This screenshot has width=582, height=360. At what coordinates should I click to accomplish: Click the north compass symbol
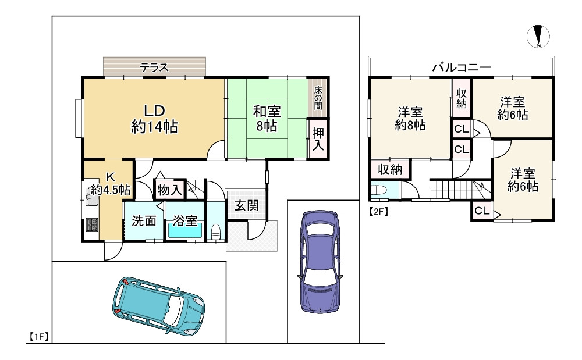pos(540,37)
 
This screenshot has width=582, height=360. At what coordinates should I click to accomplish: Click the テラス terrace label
pos(154,67)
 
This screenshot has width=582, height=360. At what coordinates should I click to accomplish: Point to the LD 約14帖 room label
pos(155,119)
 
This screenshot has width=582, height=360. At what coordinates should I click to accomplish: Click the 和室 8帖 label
pos(267,118)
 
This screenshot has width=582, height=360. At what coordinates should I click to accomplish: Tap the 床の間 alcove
pos(318,98)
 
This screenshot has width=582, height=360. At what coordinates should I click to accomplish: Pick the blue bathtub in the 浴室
pos(185,231)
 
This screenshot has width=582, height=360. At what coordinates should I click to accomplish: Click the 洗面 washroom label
pos(143,220)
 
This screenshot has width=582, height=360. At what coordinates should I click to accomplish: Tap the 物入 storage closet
pos(169,190)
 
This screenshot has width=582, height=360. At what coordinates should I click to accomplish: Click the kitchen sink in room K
pos(92,198)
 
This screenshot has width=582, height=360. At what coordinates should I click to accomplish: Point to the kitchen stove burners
pos(92,224)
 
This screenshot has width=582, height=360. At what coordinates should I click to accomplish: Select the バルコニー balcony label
pos(462,67)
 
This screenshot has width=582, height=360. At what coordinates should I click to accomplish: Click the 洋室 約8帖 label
pos(410,118)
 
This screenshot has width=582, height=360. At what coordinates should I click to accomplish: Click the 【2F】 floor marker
pos(378,212)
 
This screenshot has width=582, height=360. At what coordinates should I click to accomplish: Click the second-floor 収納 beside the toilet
pos(390,169)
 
